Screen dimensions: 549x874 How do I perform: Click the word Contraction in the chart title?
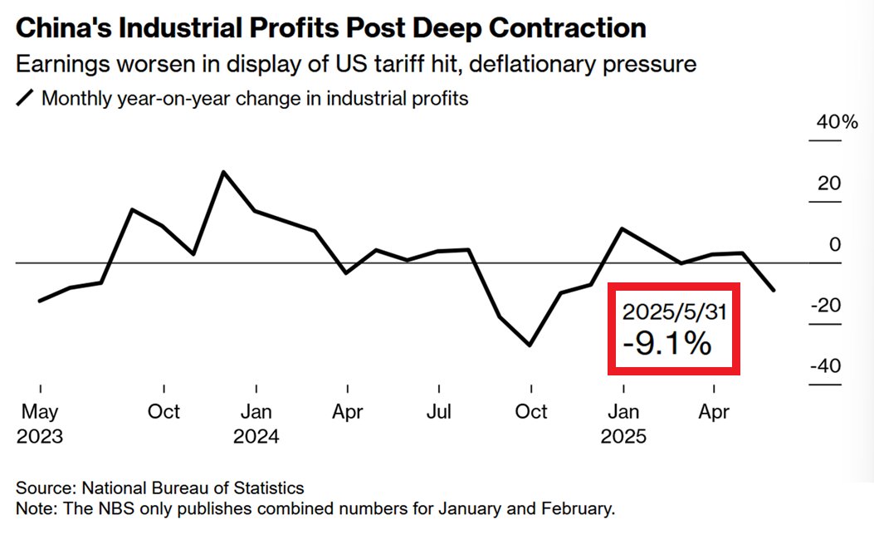point(567,28)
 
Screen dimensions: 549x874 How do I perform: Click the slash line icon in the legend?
point(25,99)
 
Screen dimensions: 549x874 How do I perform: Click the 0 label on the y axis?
point(835,244)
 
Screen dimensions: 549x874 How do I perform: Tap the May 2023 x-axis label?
point(39,423)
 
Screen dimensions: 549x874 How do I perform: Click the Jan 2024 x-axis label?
point(256,423)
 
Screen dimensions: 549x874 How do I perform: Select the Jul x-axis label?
point(439,411)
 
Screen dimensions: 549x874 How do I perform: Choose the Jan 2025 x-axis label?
point(623,423)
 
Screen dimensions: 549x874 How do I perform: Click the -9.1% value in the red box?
point(667,343)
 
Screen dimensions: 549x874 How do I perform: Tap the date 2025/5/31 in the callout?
point(675,311)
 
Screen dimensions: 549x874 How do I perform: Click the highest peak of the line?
point(222,172)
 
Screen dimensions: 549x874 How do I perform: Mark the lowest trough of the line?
point(530,345)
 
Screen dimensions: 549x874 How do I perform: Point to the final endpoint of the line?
point(774,291)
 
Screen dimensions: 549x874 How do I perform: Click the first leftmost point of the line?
point(40,301)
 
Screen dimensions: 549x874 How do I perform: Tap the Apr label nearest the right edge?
point(714,411)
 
